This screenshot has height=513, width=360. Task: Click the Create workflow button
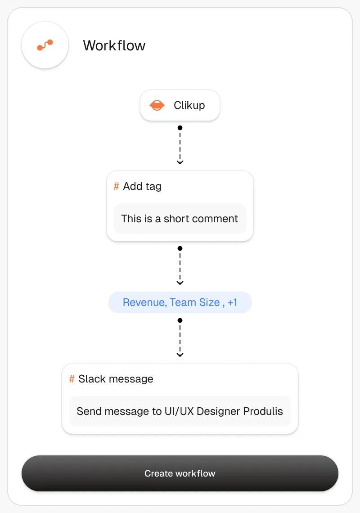coord(180,473)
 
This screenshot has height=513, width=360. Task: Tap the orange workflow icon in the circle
coord(45,45)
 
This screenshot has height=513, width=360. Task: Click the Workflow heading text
coord(114,45)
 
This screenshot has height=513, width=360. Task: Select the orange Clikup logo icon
coord(157,105)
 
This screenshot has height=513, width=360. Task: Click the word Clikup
coord(189,105)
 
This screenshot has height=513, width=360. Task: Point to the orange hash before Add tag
coord(116,186)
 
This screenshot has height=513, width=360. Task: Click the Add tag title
coord(142,186)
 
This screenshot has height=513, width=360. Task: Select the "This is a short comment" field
coord(180,219)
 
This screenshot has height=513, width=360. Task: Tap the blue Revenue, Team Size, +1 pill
coord(180,302)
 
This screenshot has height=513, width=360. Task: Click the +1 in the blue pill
coord(232,302)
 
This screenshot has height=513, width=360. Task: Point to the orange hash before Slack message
coord(72,379)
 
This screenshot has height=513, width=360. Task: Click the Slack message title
coord(116,379)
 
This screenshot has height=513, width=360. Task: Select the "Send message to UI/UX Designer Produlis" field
coord(180,411)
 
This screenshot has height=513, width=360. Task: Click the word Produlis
coord(263,411)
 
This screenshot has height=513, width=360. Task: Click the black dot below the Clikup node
coord(180,128)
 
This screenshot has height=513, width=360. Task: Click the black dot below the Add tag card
coord(180,248)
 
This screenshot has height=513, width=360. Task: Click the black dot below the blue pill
coord(180,320)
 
